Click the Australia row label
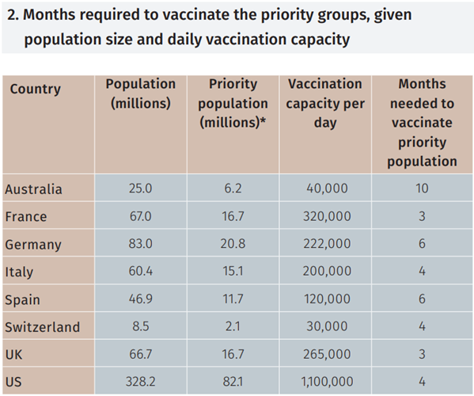tap(33, 189)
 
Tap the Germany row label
tap(32, 244)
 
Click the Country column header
tap(35, 89)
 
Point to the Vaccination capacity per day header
tap(325, 103)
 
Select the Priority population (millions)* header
tap(233, 103)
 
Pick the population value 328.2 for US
tap(139, 381)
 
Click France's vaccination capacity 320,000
tap(325, 216)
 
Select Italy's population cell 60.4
tap(139, 272)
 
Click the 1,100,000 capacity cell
tap(325, 381)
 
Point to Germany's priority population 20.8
tap(233, 244)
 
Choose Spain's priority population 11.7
tap(233, 299)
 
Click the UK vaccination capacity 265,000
tap(325, 354)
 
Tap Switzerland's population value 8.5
tap(139, 326)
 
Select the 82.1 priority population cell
tap(233, 381)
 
